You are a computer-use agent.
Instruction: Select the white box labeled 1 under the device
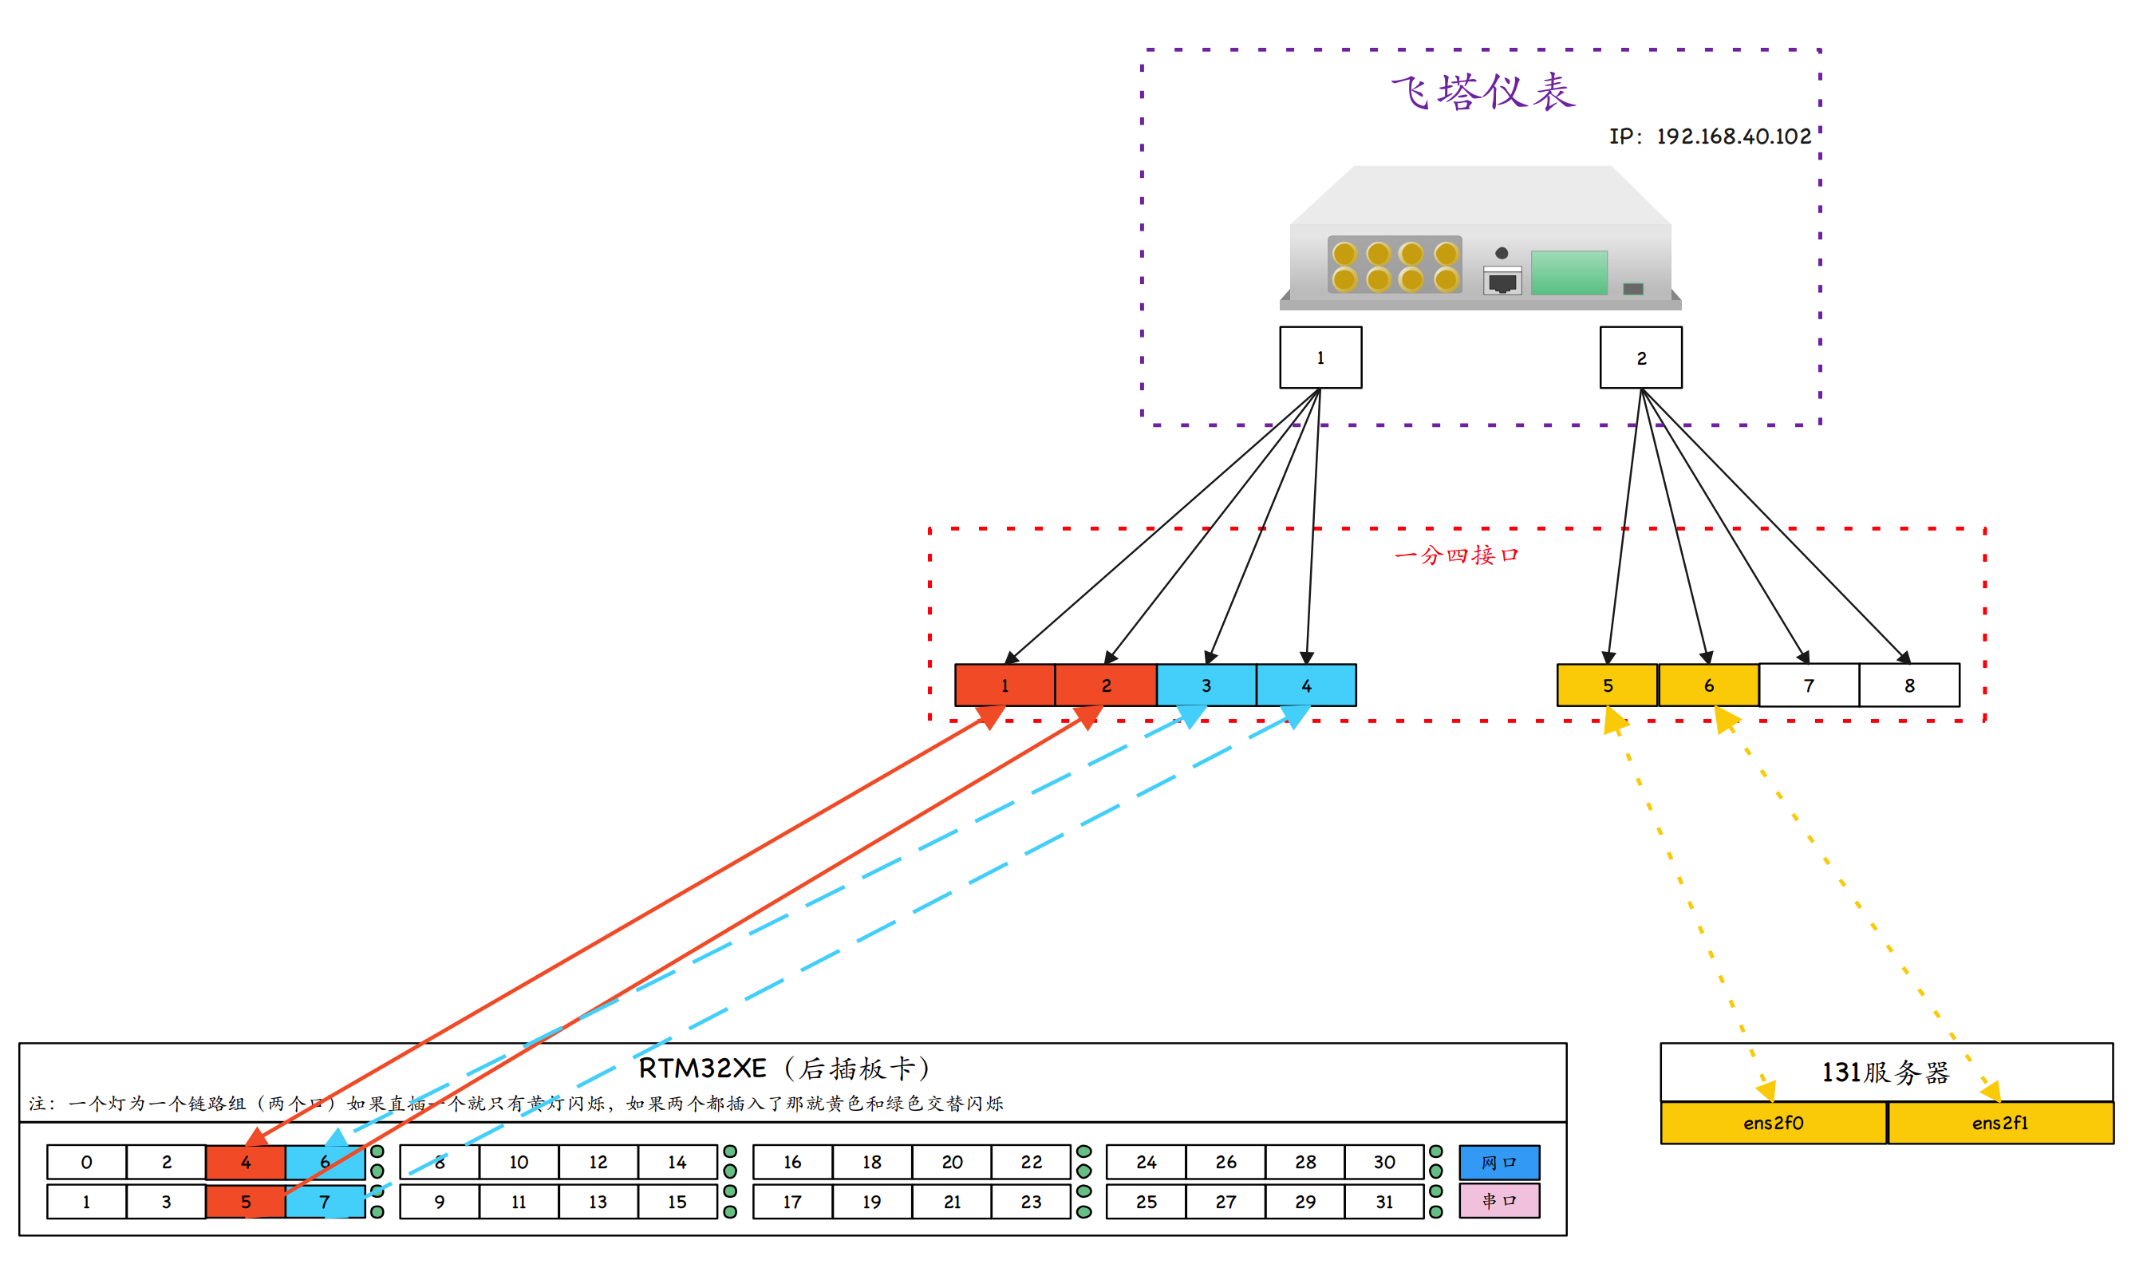1320,357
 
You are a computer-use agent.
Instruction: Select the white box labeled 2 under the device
1640,357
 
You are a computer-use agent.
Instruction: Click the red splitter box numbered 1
1004,685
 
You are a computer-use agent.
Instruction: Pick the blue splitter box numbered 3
1206,685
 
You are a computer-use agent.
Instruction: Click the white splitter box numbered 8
1908,685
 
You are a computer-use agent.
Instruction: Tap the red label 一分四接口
1456,555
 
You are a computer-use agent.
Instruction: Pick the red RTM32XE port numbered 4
245,1163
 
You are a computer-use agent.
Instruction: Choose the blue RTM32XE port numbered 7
325,1202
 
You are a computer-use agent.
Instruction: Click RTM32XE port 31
1383,1202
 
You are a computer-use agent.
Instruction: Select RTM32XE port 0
86,1163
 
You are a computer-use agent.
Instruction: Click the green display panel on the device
1568,273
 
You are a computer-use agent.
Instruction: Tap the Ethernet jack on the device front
1502,281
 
